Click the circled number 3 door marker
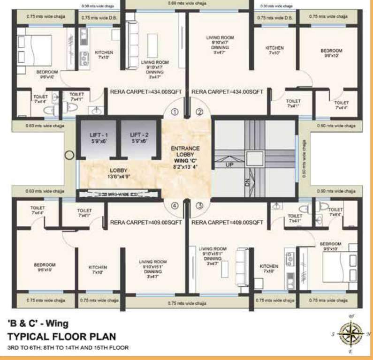[199, 205]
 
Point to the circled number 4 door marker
[175, 205]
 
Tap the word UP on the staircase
[230, 165]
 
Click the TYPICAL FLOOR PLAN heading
[61, 336]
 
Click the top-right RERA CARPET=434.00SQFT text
[227, 91]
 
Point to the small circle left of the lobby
[69, 155]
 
